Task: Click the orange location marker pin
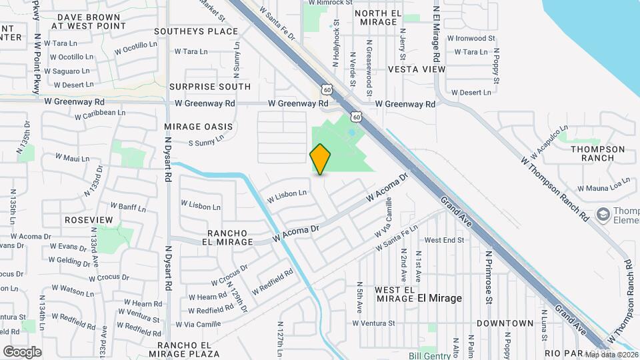(x=321, y=159)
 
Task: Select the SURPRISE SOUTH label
(x=210, y=87)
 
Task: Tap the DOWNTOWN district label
(x=505, y=323)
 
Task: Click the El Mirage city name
(x=439, y=298)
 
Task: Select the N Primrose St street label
(x=489, y=277)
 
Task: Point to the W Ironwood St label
(x=475, y=39)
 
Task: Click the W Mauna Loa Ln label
(x=603, y=189)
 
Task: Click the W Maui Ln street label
(x=72, y=158)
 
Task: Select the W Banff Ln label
(x=127, y=205)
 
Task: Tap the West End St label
(x=444, y=239)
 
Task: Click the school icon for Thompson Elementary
(x=603, y=214)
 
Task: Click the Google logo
(x=23, y=351)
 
